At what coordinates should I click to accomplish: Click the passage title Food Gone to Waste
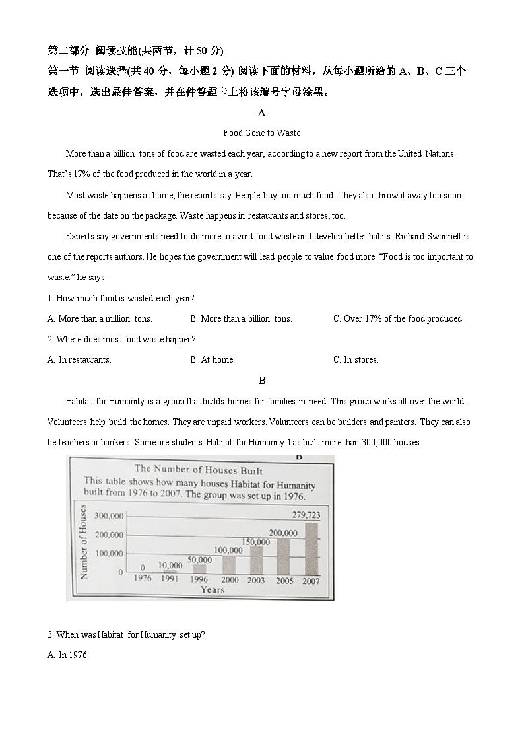tap(261, 133)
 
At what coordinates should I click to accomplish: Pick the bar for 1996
tap(199, 568)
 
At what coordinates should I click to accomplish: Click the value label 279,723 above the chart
tap(306, 515)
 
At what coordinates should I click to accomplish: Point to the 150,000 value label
tap(255, 541)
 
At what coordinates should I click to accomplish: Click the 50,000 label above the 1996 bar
tap(199, 559)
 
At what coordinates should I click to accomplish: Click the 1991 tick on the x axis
tap(170, 579)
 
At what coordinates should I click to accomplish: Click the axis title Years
tap(213, 589)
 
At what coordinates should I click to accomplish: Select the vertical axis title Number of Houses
tap(84, 542)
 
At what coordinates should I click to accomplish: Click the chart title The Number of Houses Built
tap(199, 470)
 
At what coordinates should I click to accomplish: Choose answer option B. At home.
tap(213, 360)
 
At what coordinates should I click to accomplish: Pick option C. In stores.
tap(356, 360)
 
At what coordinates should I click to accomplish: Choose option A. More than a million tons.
tap(100, 318)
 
